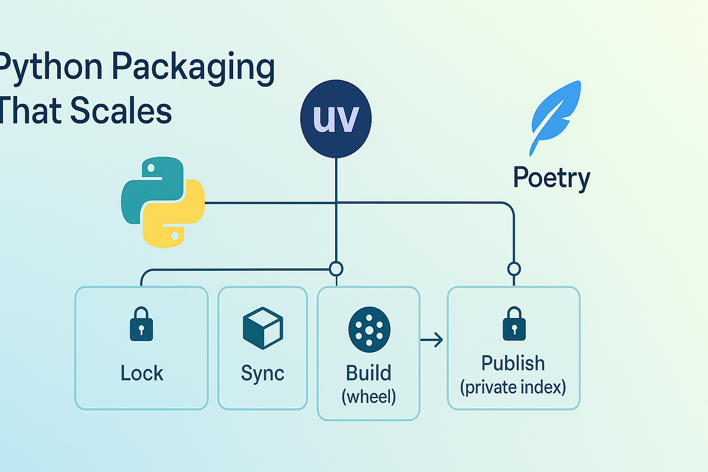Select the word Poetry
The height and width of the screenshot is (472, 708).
click(x=551, y=177)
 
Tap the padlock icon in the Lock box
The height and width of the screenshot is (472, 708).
click(x=141, y=325)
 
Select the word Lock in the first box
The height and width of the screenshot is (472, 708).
click(x=142, y=373)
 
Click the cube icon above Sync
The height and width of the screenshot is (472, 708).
click(x=263, y=328)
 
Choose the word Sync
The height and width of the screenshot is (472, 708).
click(x=263, y=373)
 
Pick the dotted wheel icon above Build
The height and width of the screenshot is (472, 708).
click(x=369, y=329)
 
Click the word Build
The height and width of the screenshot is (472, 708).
click(x=369, y=373)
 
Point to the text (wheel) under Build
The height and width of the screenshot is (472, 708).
click(x=369, y=396)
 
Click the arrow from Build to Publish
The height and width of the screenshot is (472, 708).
click(x=432, y=340)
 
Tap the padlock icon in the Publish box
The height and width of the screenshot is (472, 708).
click(x=514, y=325)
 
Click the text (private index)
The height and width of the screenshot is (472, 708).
click(x=513, y=388)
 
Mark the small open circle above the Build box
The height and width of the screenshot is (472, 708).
click(x=336, y=269)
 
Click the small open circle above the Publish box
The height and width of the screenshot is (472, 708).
click(x=514, y=269)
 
